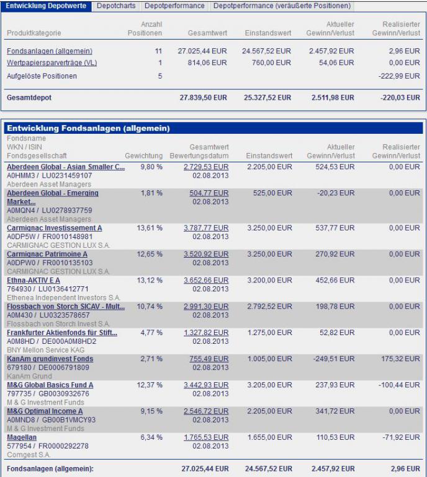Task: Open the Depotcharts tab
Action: pos(116,6)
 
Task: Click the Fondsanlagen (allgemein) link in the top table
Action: pos(50,51)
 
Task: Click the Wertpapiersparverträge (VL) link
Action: pos(52,63)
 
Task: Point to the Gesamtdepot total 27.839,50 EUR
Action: pos(203,97)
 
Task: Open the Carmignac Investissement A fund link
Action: pos(55,228)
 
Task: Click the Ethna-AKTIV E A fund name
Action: pos(34,280)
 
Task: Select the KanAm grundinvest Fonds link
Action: pos(50,359)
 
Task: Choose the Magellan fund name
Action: pos(22,437)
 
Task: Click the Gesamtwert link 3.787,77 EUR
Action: pos(206,228)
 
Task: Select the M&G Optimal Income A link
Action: pos(45,411)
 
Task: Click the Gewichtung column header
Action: pos(143,156)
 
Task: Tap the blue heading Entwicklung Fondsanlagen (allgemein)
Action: pos(88,128)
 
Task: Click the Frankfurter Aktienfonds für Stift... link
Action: pos(62,333)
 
